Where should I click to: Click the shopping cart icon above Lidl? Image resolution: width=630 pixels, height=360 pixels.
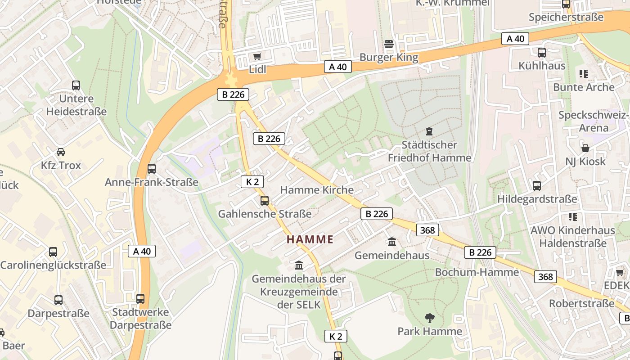pos(257,57)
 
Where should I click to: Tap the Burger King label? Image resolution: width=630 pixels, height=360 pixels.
pos(389,58)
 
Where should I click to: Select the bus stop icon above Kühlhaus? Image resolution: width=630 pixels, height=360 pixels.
pos(541,53)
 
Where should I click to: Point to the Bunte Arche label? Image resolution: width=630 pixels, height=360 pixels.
pos(584,87)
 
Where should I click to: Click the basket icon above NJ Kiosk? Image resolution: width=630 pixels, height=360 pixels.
pos(585,148)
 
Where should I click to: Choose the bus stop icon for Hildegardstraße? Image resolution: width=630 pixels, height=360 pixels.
pos(536,186)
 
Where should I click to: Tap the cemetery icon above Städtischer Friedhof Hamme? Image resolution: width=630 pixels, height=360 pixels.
pos(429,131)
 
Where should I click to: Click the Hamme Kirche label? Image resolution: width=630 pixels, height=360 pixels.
pos(317,190)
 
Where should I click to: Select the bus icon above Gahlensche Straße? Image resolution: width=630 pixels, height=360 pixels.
pos(265,201)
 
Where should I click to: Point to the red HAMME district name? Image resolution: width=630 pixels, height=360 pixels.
pos(310,239)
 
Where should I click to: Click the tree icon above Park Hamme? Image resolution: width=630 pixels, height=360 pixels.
pos(430,318)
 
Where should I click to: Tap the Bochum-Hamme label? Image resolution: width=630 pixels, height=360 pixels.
pos(477,272)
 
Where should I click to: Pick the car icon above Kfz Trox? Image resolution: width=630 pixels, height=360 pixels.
pos(61,152)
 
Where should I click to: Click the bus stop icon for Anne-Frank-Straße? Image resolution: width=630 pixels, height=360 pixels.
pos(152,169)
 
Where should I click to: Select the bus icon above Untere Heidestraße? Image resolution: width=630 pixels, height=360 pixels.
pos(76,85)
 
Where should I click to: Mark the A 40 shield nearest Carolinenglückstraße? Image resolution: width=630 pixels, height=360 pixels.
pos(142,251)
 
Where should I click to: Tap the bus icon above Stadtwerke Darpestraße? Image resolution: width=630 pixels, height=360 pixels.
pos(140,298)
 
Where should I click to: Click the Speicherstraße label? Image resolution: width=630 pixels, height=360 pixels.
pos(566,17)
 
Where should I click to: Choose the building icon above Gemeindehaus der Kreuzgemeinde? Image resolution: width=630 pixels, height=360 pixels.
pos(299,265)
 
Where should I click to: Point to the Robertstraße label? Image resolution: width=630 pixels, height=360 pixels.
pos(581,303)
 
